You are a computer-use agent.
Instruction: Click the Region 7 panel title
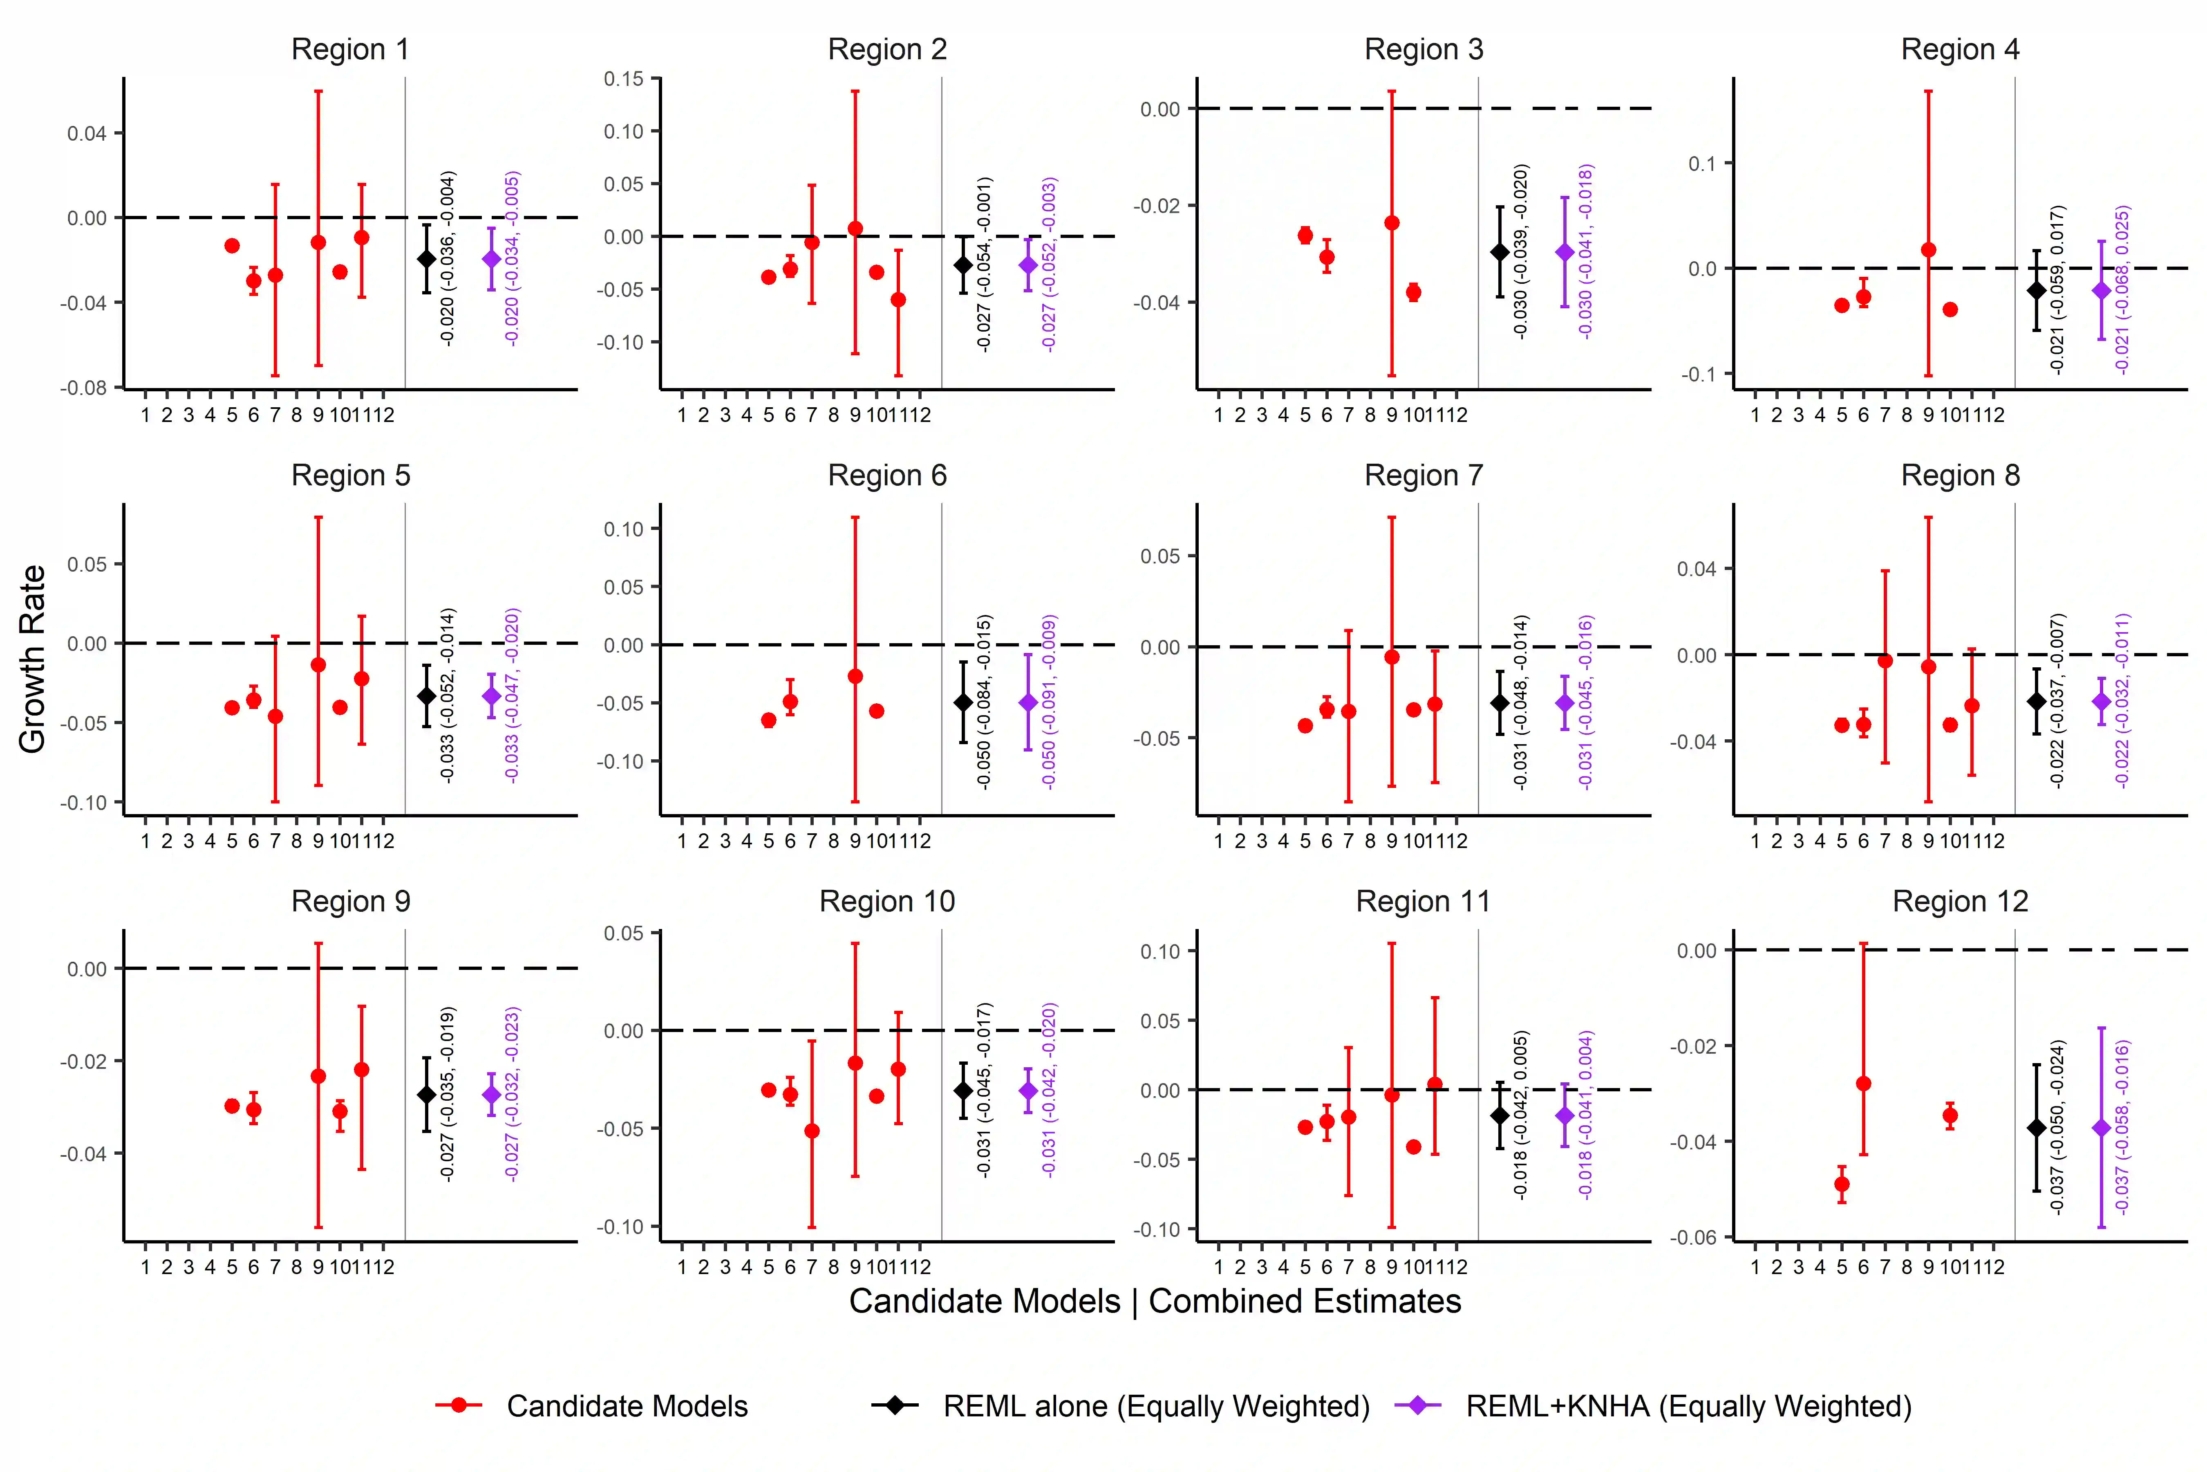[x=1424, y=476]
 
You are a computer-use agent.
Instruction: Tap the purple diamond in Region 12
[x=2101, y=1127]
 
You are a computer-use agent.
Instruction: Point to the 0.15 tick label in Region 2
[x=624, y=79]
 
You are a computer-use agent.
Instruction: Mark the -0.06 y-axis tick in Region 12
[x=1697, y=1237]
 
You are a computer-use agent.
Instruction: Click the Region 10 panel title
[x=887, y=902]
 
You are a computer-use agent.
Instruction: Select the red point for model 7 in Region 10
[x=812, y=1131]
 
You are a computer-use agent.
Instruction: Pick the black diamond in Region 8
[x=2036, y=701]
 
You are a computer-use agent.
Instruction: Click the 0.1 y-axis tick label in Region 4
[x=1701, y=163]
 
